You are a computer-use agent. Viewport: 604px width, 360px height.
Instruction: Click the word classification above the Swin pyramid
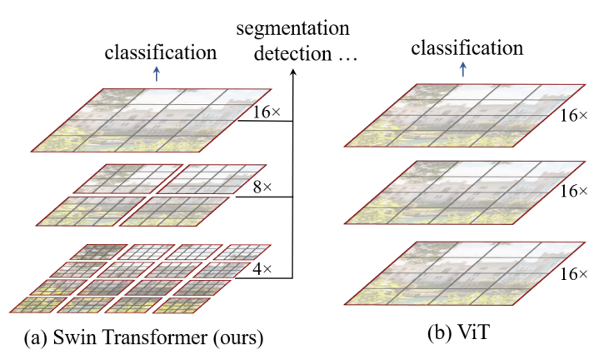tap(161, 52)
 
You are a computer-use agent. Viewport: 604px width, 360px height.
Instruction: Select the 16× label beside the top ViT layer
tap(575, 120)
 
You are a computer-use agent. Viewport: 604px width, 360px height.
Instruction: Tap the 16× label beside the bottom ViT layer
tap(575, 272)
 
